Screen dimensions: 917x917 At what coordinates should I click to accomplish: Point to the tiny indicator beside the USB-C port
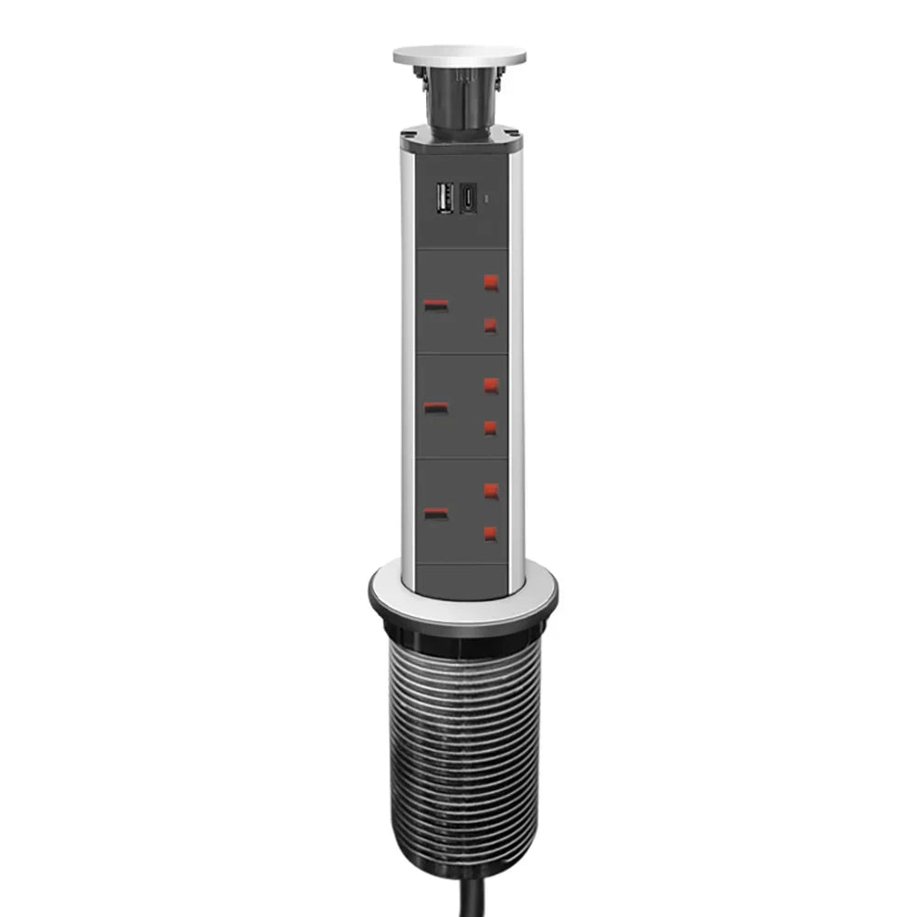point(488,197)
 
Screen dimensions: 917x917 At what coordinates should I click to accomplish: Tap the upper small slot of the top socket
point(492,282)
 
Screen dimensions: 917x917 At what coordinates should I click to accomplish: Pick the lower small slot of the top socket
point(492,325)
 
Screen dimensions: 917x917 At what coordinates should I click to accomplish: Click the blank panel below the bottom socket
point(458,580)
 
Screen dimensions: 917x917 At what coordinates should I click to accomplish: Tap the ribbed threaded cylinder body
point(458,734)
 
